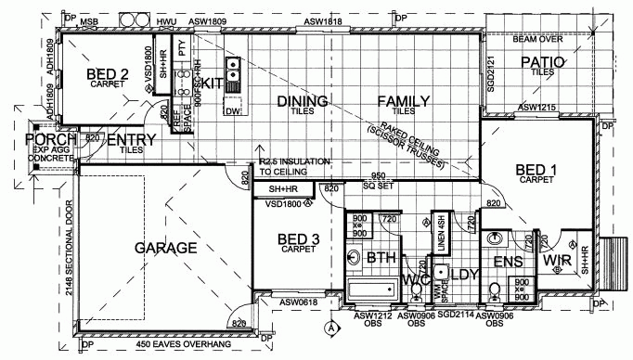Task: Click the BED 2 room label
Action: coord(108,74)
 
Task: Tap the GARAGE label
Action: coord(166,248)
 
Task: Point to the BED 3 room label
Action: coord(299,240)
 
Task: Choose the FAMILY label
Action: coord(401,101)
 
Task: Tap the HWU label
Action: coord(167,19)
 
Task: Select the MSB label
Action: coord(90,19)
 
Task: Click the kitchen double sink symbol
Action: coord(232,66)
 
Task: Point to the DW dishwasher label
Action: coord(231,111)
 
